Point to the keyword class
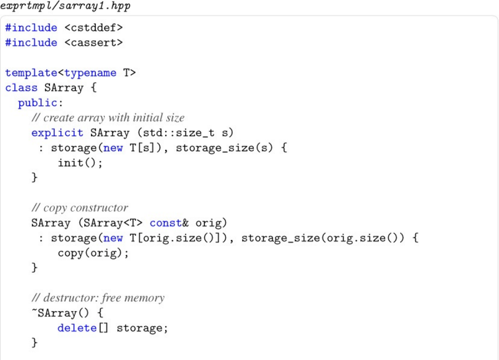coord(22,88)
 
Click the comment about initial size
coord(108,118)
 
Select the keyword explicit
coord(58,132)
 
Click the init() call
coord(80,163)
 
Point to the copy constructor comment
coord(80,208)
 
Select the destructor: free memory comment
coord(98,298)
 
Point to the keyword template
coord(31,73)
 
